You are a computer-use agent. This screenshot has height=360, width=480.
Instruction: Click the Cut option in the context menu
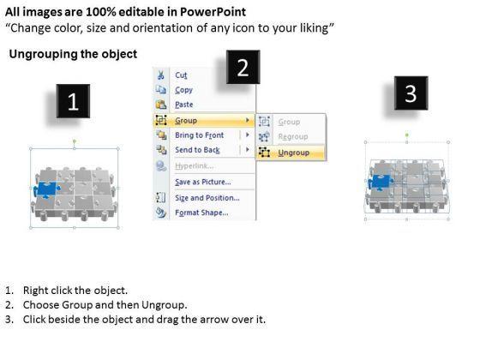click(181, 75)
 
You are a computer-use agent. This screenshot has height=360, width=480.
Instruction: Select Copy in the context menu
click(183, 90)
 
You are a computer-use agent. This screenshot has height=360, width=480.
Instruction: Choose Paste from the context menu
click(184, 105)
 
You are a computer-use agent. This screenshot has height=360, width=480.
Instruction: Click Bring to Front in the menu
click(199, 135)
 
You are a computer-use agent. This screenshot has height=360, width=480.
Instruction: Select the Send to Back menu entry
click(197, 150)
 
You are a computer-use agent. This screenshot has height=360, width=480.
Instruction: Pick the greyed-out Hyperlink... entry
click(194, 166)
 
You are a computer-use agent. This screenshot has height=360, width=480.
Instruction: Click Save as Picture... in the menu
click(203, 182)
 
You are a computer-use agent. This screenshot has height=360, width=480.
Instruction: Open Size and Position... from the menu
click(207, 198)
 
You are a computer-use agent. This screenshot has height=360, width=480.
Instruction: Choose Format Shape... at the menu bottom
click(201, 213)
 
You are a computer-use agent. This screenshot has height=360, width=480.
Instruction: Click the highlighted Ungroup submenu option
click(293, 153)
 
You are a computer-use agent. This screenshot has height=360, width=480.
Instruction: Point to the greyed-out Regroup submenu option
click(293, 136)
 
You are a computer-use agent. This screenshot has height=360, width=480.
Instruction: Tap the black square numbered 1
click(73, 101)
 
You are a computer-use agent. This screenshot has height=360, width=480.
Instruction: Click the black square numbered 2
click(243, 67)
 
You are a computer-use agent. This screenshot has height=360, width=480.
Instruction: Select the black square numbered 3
click(411, 93)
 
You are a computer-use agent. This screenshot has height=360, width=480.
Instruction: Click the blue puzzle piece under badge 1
click(46, 189)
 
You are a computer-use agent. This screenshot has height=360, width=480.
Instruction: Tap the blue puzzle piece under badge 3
click(381, 182)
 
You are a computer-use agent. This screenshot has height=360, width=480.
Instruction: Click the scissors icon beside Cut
click(161, 75)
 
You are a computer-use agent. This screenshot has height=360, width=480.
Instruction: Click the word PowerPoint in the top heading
click(213, 12)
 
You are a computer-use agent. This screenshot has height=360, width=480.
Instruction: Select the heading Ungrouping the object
click(73, 54)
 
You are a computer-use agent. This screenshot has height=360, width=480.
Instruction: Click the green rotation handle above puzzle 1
click(75, 141)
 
